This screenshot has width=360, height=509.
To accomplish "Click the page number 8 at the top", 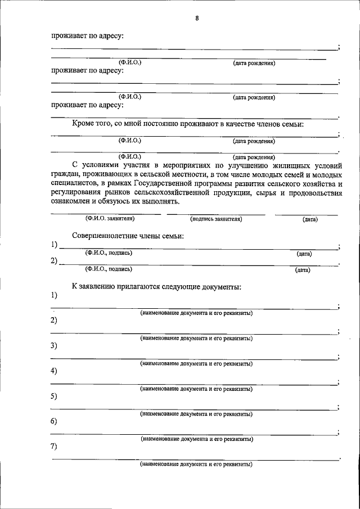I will point(197,17).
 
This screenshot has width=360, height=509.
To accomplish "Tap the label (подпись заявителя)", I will point(216,219).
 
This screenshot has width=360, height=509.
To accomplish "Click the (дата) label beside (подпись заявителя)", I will point(310,219).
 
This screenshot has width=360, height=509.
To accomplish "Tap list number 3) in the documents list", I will point(54,345).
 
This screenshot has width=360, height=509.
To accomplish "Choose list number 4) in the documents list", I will point(54,371).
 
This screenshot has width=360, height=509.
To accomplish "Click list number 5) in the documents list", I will point(54,396).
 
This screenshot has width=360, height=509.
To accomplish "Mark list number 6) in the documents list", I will point(54,421).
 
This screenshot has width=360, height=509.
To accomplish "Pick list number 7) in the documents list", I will point(54,447).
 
